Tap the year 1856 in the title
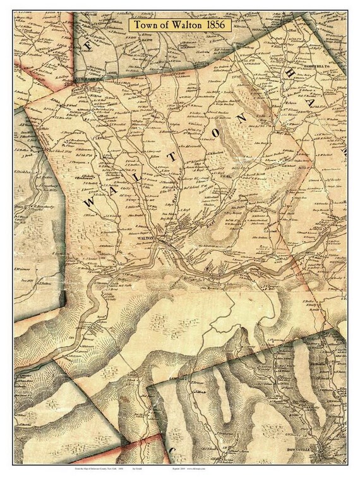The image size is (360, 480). [225, 25]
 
